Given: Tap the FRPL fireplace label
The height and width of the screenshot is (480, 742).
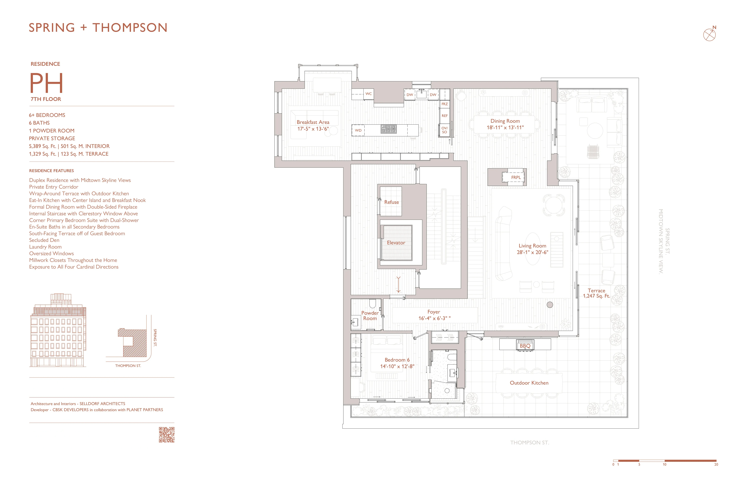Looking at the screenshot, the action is click(x=516, y=177).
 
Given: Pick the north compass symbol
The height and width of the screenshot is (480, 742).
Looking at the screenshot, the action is click(x=710, y=34).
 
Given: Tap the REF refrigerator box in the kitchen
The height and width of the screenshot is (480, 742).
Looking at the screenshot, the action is click(x=445, y=116).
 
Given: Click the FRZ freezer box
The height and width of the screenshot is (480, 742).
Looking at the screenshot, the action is click(x=445, y=104).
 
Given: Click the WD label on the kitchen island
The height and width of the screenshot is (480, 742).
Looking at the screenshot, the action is click(x=358, y=130).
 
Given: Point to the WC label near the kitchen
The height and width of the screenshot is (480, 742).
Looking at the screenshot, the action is click(x=368, y=93).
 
